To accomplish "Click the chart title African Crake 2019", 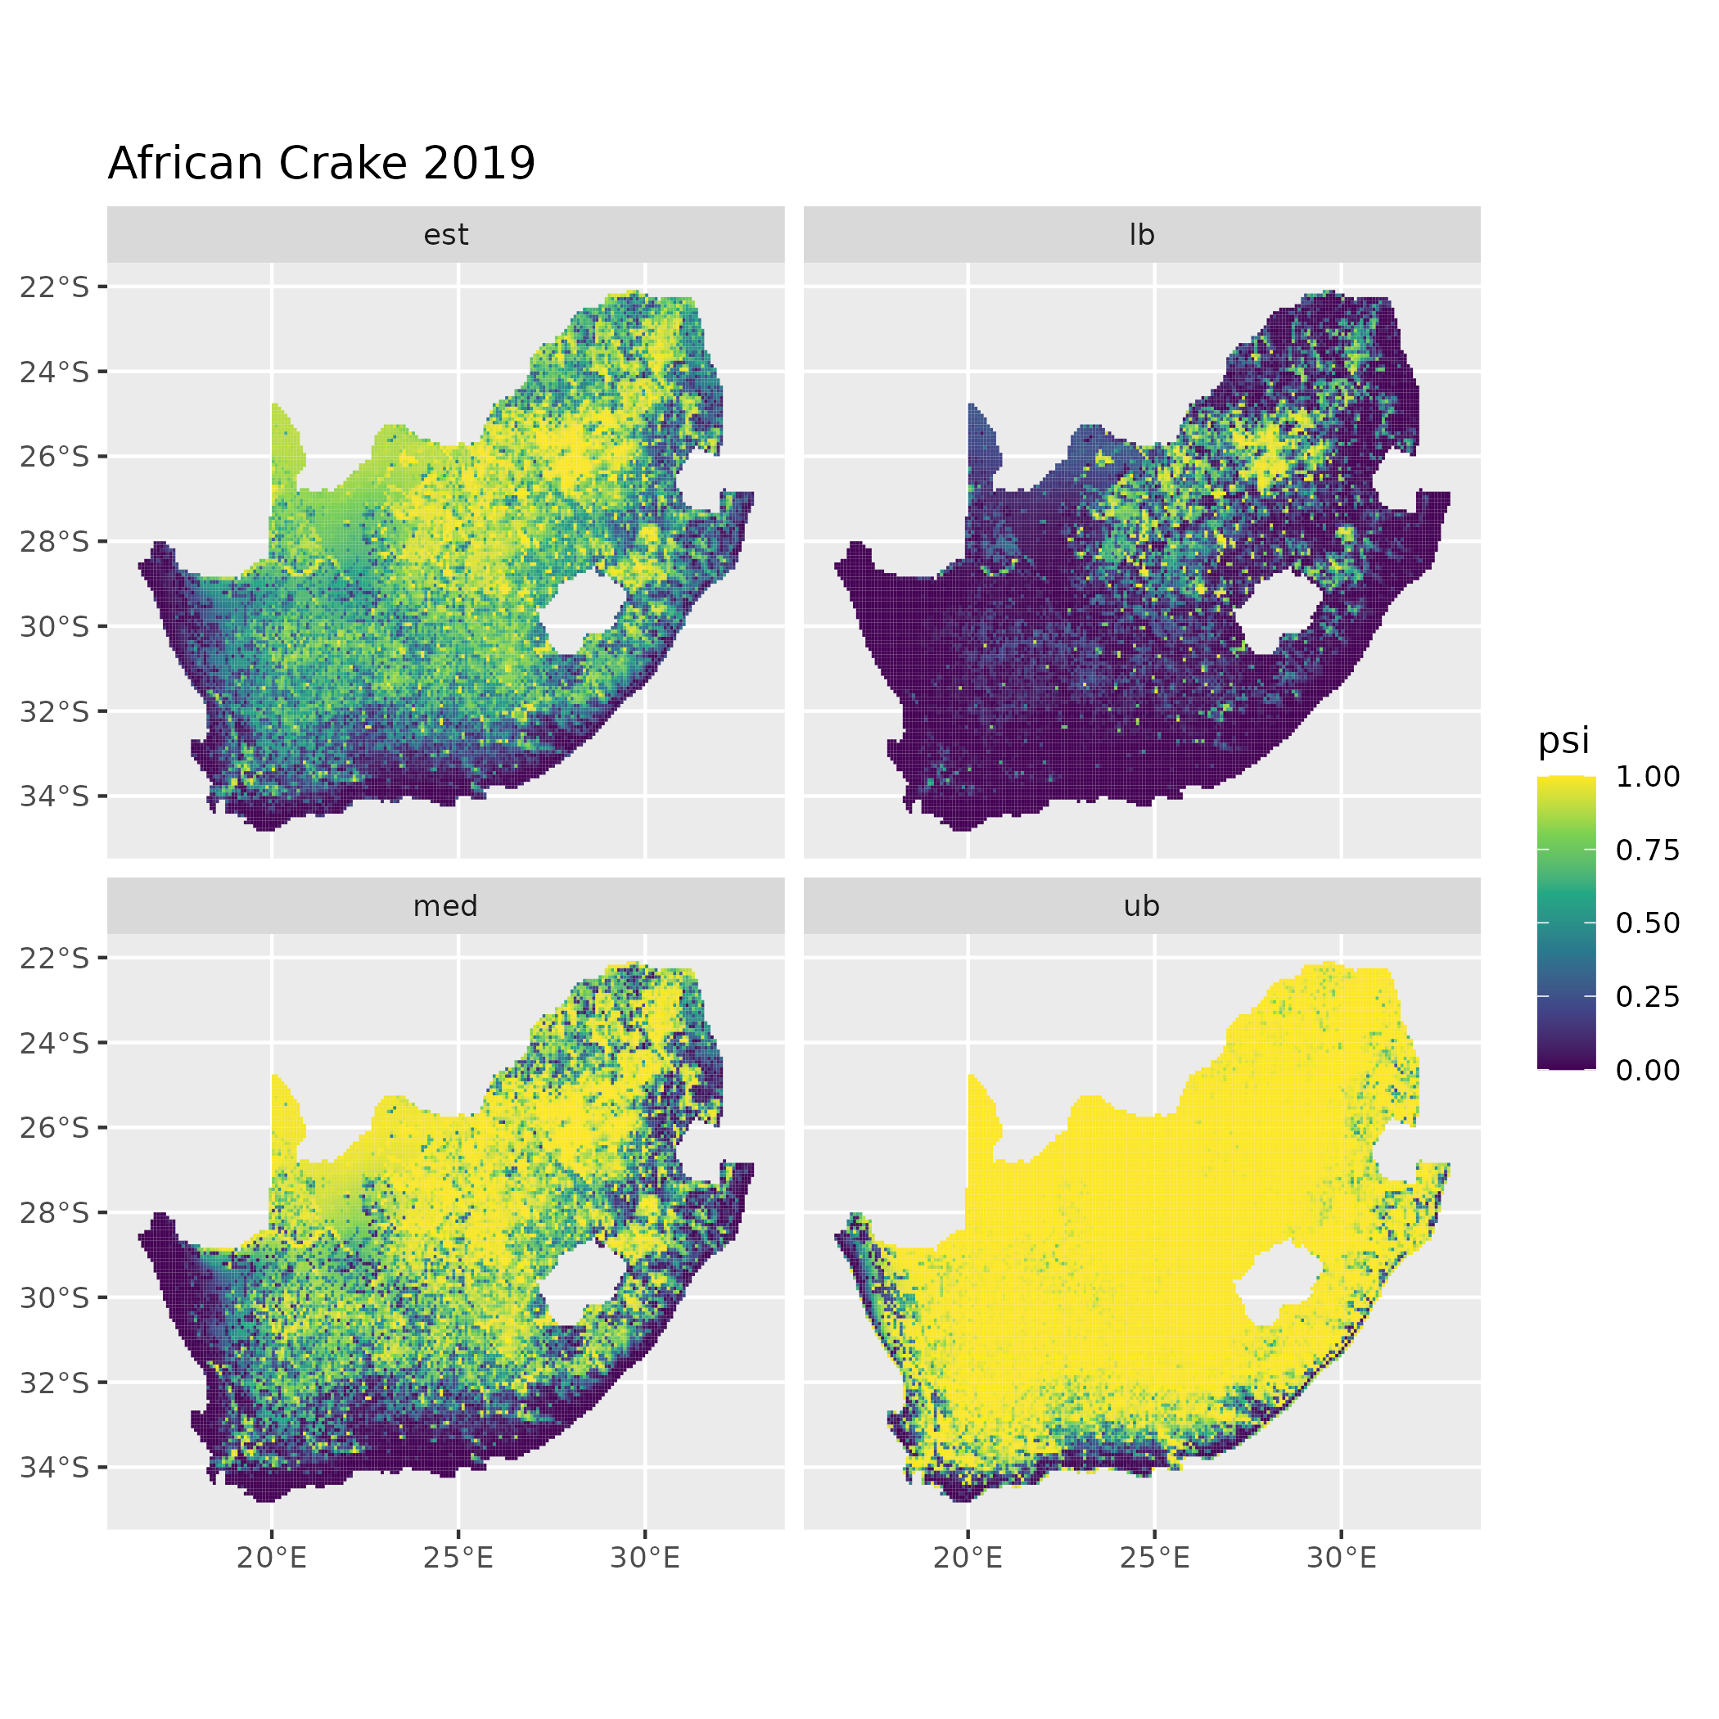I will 321,164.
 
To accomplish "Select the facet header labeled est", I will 446,235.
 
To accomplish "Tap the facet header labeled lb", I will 1142,235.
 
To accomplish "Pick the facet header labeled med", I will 446,906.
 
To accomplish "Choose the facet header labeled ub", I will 1142,906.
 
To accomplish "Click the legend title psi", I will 1563,740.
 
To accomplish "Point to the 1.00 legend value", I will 1648,777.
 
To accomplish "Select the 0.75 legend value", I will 1648,850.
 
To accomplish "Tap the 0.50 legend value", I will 1648,923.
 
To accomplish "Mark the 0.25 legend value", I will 1648,996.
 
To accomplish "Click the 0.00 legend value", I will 1648,1070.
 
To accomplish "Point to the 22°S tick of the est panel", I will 55,286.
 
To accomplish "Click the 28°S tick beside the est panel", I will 55,541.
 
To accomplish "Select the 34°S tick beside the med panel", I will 55,1466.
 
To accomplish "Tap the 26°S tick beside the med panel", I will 55,1127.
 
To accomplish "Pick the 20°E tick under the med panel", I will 272,1557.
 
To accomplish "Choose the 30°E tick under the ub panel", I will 1341,1557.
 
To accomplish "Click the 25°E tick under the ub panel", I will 1154,1557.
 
